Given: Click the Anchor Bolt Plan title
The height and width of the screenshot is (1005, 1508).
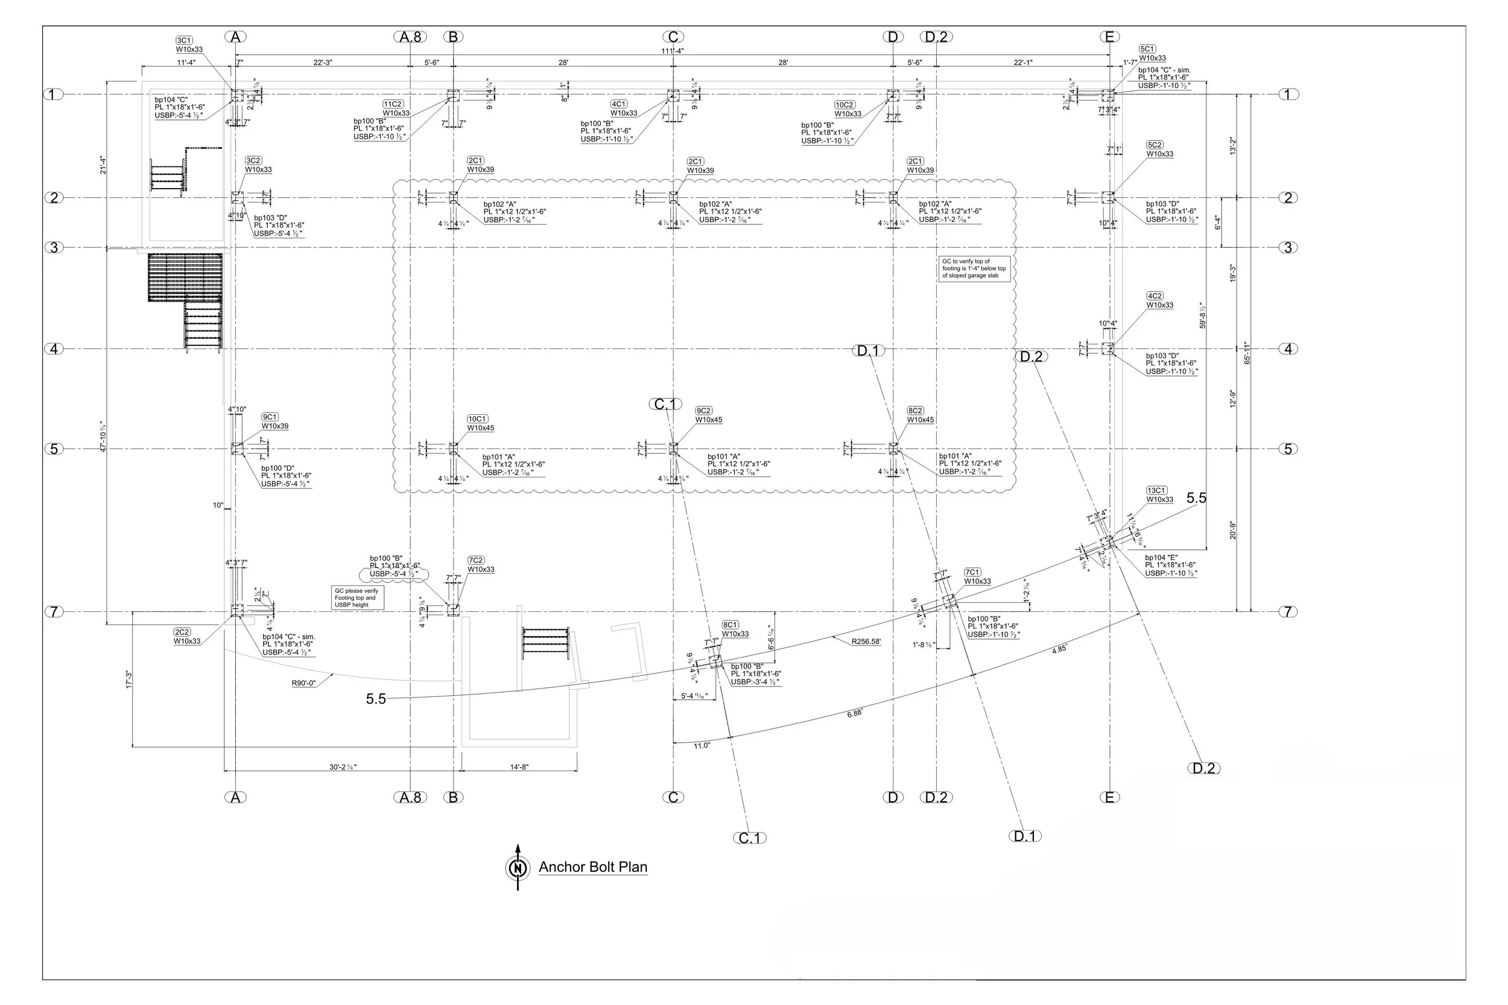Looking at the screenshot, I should click(x=592, y=867).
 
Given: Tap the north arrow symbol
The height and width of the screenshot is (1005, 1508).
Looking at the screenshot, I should click(x=518, y=868).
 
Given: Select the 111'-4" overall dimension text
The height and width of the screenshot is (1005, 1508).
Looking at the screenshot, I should click(x=672, y=51).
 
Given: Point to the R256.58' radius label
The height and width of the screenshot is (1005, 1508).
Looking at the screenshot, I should click(x=866, y=641).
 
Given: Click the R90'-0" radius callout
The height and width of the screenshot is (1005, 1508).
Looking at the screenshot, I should click(x=304, y=683).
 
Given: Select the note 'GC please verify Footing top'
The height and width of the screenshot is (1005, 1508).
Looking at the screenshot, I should click(x=357, y=598).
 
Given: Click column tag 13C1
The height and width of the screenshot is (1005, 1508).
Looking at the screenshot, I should click(x=1157, y=490).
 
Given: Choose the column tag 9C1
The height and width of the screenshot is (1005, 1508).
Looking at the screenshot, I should click(x=270, y=417).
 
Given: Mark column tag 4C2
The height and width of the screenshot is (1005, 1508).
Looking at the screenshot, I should click(x=1155, y=296).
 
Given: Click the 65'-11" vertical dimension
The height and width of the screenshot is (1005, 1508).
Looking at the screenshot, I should click(x=1247, y=353).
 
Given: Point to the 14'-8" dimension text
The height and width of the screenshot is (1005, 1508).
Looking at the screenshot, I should click(x=519, y=767).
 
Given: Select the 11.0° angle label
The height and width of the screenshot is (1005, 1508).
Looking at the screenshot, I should click(x=702, y=745).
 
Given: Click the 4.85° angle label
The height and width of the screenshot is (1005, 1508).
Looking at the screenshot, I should click(x=1059, y=649).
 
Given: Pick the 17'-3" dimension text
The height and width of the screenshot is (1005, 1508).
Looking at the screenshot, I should click(x=128, y=679).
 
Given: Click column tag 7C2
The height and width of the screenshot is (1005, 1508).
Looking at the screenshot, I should click(x=476, y=560).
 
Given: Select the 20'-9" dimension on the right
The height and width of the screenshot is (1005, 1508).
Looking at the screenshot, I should click(x=1232, y=530).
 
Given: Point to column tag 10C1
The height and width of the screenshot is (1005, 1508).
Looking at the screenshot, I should click(x=478, y=418).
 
